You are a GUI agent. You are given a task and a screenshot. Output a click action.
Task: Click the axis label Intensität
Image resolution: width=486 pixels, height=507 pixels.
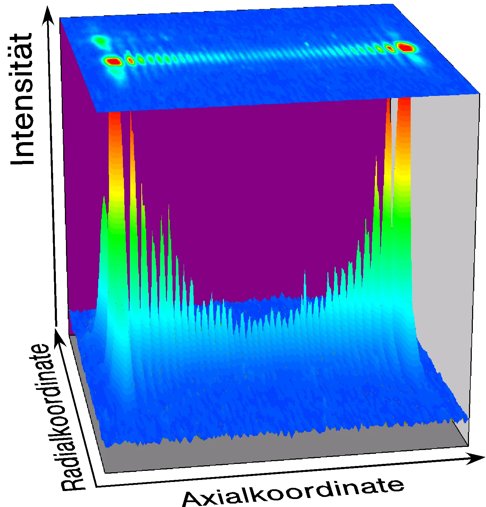tap(23, 99)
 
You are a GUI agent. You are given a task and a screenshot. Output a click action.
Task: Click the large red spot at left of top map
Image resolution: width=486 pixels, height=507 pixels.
tap(113, 62)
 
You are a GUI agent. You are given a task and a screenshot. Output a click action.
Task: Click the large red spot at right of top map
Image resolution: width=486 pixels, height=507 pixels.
tap(405, 47)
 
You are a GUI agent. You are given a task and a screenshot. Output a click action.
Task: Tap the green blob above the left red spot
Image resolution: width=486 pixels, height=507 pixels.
tap(100, 41)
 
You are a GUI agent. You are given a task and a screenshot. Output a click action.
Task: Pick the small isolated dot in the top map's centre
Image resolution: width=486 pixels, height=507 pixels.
tap(307, 44)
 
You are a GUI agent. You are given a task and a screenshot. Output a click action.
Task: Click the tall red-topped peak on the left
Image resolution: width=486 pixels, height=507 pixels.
tap(115, 139)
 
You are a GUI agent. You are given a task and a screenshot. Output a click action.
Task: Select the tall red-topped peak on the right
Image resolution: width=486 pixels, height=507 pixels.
tap(404, 139)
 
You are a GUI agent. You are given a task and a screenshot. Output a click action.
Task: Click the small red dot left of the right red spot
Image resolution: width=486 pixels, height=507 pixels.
tap(389, 49)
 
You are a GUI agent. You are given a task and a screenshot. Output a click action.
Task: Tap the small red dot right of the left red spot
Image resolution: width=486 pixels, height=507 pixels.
tap(131, 60)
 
